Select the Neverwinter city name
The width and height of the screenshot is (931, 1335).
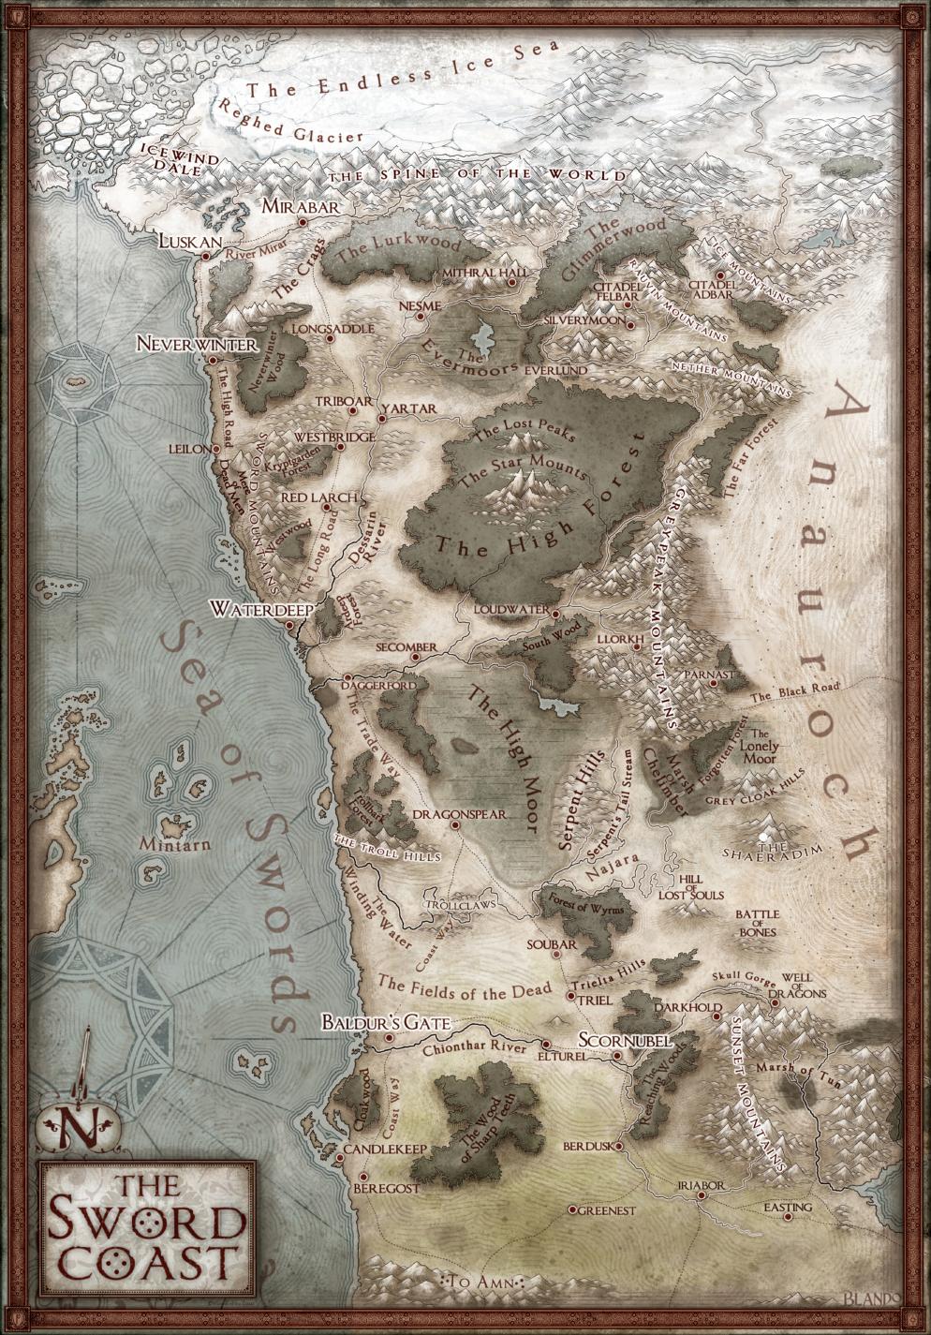(196, 345)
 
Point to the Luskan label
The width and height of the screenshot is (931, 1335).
(190, 241)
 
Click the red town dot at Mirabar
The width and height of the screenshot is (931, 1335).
(303, 222)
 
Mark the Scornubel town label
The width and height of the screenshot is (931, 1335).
(613, 1041)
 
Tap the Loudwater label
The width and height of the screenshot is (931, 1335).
(510, 609)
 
